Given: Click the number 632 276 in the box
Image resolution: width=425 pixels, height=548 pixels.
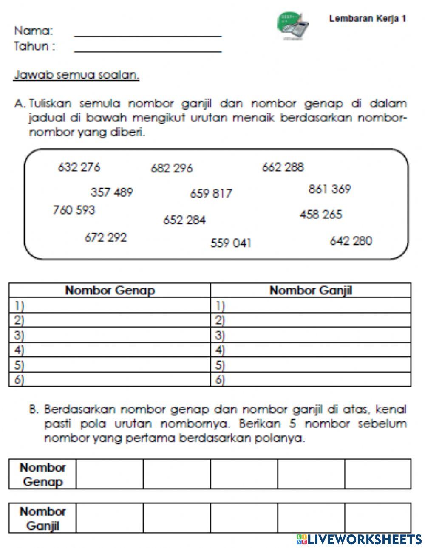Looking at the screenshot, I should (x=79, y=167).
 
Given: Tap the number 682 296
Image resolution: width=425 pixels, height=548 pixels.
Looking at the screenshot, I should (x=172, y=169).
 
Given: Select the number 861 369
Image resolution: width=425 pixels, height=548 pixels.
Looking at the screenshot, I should (x=330, y=189).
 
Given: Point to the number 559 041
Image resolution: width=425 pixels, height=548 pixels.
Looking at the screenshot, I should (x=231, y=243).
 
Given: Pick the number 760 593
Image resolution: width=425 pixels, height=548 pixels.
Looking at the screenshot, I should (x=74, y=210).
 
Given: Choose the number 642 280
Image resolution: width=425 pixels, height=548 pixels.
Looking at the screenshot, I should (x=351, y=241).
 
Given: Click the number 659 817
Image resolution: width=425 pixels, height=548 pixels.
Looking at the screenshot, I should (x=211, y=194).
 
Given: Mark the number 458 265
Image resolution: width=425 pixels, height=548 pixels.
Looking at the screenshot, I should (x=320, y=215).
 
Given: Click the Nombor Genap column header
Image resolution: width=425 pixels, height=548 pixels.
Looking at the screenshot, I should (x=110, y=291).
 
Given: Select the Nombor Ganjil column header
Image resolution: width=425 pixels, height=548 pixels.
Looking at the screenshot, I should (x=311, y=291).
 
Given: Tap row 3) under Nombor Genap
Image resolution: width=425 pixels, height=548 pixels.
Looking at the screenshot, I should (x=110, y=336).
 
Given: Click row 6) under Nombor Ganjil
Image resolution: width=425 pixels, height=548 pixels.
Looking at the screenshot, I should (x=311, y=380).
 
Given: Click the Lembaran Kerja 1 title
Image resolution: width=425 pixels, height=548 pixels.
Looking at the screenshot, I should (x=368, y=19).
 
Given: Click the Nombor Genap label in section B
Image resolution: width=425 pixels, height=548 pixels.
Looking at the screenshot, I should (x=42, y=474).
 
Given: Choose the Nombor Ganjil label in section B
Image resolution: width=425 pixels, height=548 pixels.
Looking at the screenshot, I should (x=42, y=518).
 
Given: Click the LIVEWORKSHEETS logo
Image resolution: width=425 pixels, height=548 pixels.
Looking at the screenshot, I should (x=359, y=539).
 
